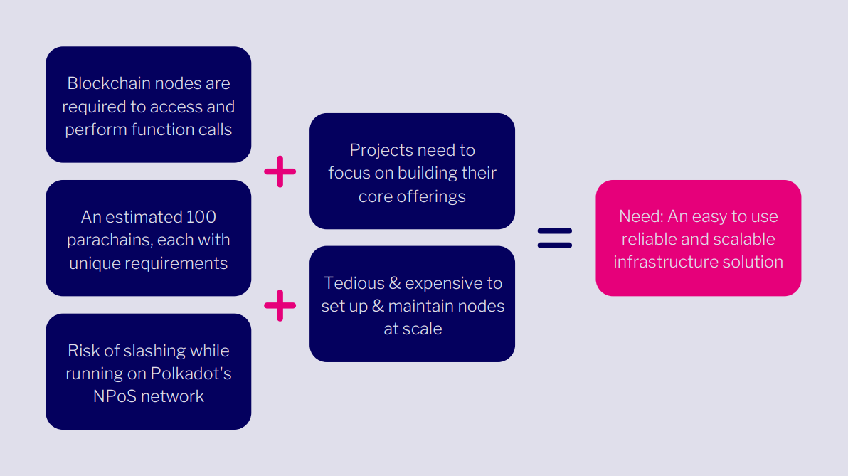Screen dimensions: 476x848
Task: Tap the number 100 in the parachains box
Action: coord(201,216)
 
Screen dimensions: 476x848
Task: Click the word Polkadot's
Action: coord(191,374)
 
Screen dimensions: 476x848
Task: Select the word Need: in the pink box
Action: coord(641,216)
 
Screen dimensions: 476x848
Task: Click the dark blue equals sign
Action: coord(555,238)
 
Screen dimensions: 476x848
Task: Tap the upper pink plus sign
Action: coord(280,171)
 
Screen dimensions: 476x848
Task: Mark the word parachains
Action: coord(103,240)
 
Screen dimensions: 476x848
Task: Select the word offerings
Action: coord(431,196)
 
